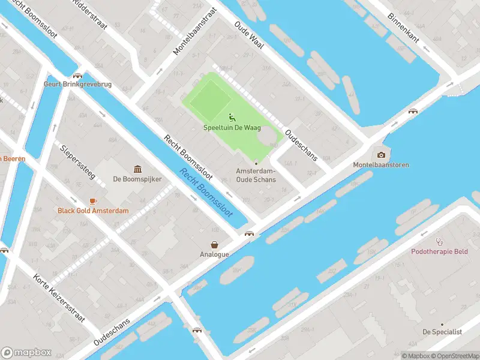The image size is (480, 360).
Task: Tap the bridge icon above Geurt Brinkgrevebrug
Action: (77, 76)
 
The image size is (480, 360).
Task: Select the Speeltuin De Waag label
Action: (232, 127)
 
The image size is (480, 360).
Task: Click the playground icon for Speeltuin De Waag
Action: (232, 118)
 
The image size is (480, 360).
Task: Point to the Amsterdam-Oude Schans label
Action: (256, 175)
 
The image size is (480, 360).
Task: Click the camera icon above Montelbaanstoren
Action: (380, 155)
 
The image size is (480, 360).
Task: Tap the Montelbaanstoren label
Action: (380, 165)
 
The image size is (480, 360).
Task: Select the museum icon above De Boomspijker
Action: (137, 169)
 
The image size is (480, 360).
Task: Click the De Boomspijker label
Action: (137, 179)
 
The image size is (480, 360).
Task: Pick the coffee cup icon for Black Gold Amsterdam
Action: (93, 201)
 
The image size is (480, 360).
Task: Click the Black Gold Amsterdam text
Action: (93, 211)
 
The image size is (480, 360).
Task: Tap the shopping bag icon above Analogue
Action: (214, 244)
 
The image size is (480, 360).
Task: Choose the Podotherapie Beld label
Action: (439, 251)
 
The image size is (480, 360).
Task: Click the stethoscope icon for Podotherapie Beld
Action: (439, 241)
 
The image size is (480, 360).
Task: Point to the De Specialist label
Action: (442, 332)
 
